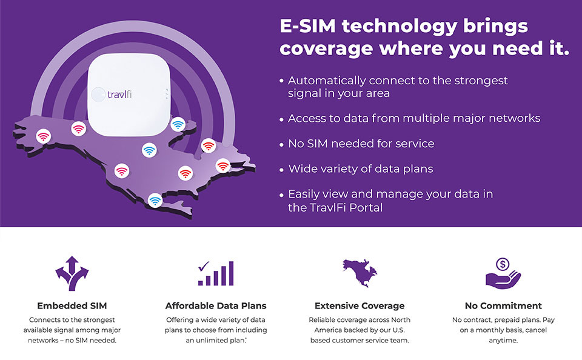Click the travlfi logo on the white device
[112, 95]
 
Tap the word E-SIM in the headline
[308, 26]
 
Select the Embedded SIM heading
[72, 306]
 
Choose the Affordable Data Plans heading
[216, 306]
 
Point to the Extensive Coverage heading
[360, 306]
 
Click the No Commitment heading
[503, 306]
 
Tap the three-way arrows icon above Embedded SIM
[72, 273]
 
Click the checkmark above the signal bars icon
[204, 265]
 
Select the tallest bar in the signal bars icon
[231, 273]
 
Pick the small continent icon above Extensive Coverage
[360, 273]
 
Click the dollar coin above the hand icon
[503, 265]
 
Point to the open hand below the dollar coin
[503, 280]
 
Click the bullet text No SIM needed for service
[361, 144]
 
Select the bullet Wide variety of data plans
[361, 169]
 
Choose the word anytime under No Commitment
[503, 341]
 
